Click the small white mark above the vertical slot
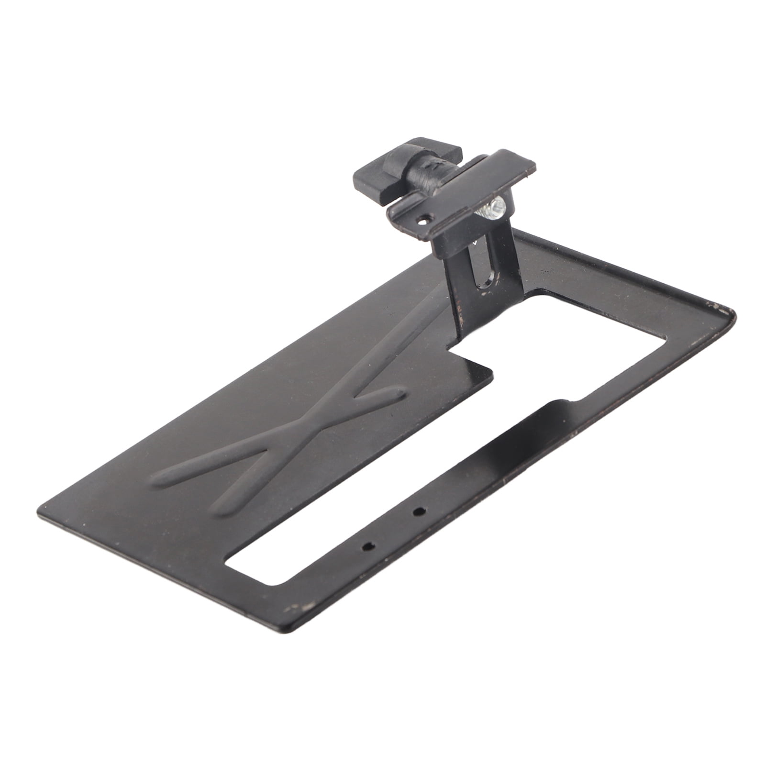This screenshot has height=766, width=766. [475, 243]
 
